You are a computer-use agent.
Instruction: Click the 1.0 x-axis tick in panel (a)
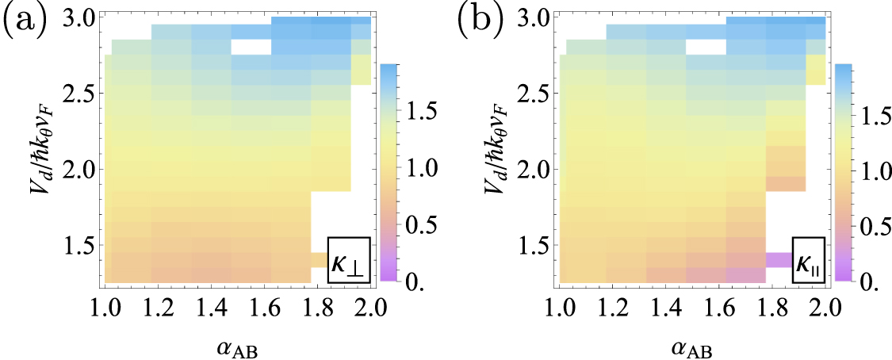point(105,305)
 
